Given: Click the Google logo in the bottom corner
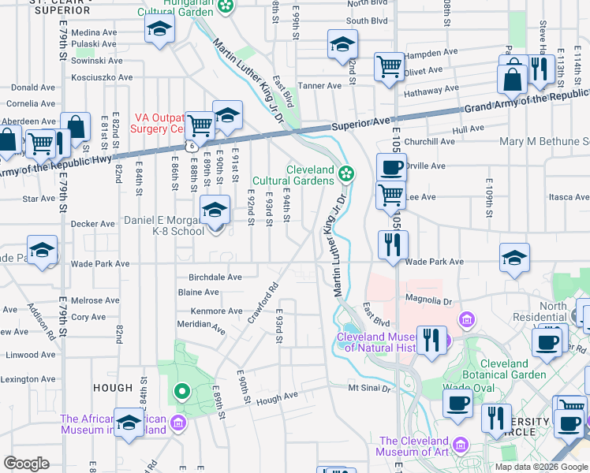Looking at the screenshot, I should (27, 464).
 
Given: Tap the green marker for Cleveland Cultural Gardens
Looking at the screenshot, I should (345, 173).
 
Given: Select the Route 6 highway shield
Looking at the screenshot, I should (192, 147).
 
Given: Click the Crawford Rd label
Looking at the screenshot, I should (263, 304).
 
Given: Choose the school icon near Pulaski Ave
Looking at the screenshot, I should (159, 31).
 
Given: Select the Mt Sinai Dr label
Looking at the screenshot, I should (370, 388).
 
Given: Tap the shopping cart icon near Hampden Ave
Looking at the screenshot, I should (389, 66).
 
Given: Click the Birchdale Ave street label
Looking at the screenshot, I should (215, 277).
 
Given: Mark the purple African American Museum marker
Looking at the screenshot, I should (179, 424).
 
